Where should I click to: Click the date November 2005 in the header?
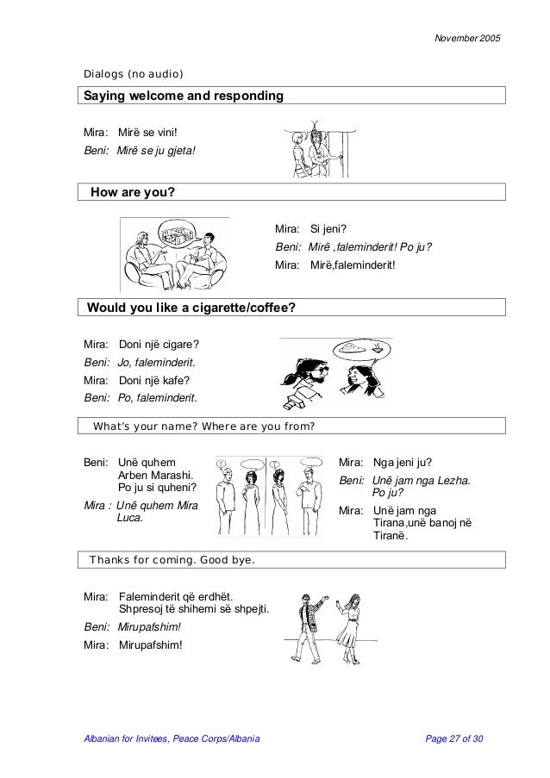[466, 40]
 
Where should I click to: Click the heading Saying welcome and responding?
[183, 96]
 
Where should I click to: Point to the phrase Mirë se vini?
[147, 132]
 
